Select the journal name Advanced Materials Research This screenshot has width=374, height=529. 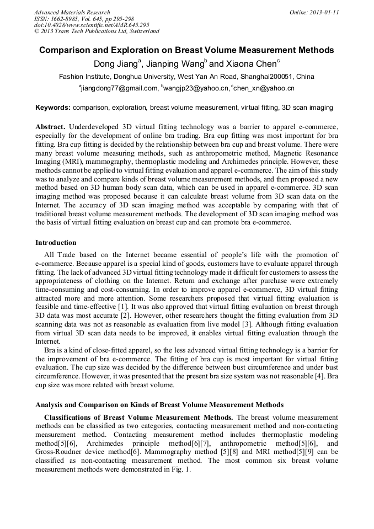[72, 12]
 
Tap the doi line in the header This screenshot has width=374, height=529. [92, 25]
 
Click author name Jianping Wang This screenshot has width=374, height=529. [179, 63]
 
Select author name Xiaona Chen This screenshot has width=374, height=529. [250, 63]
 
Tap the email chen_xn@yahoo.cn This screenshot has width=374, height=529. [264, 88]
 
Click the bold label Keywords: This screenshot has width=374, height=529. [53, 107]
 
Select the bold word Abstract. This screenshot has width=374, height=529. [50, 127]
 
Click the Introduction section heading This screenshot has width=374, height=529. [56, 243]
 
